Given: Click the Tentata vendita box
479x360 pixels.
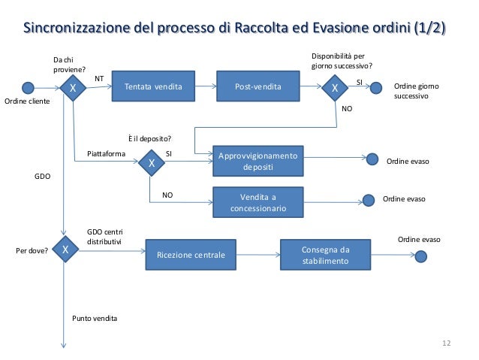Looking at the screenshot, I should pyautogui.click(x=153, y=87).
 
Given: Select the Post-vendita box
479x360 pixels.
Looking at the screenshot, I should pyautogui.click(x=258, y=87).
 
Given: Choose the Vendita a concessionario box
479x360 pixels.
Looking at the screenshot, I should pyautogui.click(x=258, y=201).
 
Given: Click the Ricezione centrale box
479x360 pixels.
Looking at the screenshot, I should pyautogui.click(x=191, y=256).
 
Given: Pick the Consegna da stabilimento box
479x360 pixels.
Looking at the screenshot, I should pyautogui.click(x=325, y=256).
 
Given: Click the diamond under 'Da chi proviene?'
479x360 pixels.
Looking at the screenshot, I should pyautogui.click(x=73, y=88).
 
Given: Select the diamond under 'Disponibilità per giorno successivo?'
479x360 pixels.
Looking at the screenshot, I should pyautogui.click(x=335, y=88).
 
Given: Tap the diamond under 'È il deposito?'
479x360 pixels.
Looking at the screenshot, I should pyautogui.click(x=151, y=162).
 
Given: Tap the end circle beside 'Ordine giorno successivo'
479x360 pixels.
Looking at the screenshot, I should pyautogui.click(x=376, y=88).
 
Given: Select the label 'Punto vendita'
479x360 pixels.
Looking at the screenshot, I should pyautogui.click(x=95, y=319).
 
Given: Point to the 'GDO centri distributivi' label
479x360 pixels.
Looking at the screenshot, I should pyautogui.click(x=104, y=237).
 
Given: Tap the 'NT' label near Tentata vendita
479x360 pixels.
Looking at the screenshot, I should pyautogui.click(x=98, y=78).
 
